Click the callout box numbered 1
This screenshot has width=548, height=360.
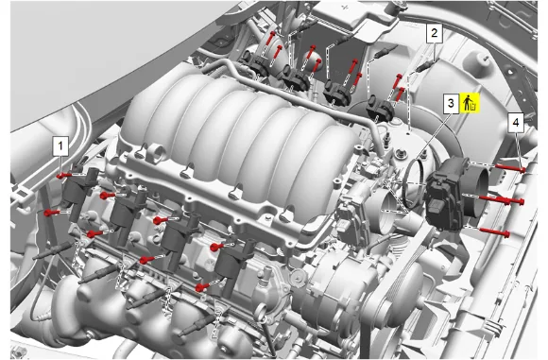click(60, 146)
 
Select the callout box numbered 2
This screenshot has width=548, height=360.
click(434, 34)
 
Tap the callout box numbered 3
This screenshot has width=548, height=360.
click(451, 103)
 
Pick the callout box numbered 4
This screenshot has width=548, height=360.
click(516, 123)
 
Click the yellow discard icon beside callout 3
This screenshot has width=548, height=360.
click(470, 103)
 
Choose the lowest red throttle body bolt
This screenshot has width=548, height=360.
click(494, 231)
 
